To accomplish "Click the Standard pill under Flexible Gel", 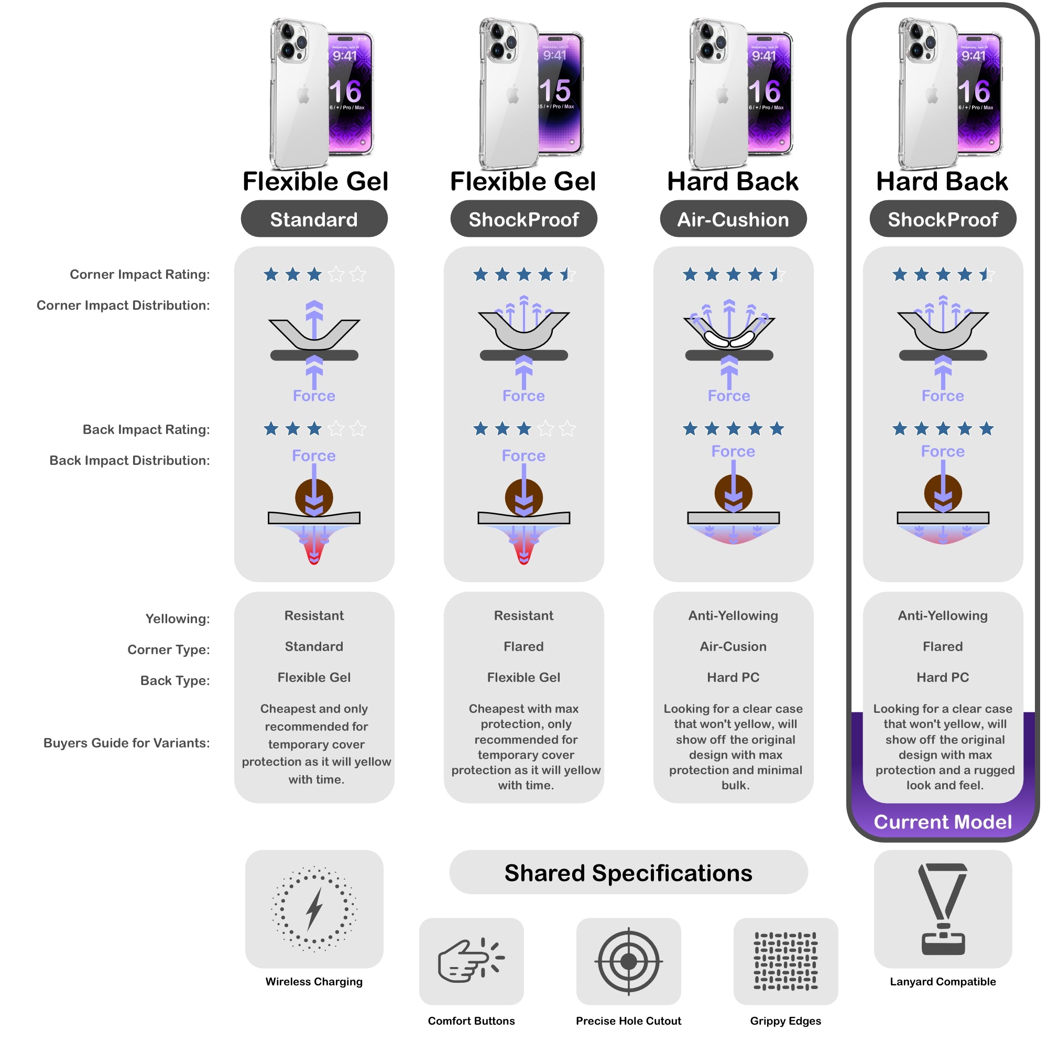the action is [x=314, y=219].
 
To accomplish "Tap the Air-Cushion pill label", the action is [x=733, y=219].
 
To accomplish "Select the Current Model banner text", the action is [x=943, y=822].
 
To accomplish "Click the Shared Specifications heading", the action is [x=629, y=873].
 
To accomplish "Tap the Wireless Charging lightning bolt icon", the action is [x=314, y=909].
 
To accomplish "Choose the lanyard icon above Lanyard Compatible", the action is [x=943, y=909].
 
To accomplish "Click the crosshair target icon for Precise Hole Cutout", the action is [x=629, y=961].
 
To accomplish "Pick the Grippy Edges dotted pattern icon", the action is [x=785, y=961].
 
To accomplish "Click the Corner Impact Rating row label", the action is [x=140, y=274].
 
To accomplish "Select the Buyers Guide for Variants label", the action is [x=127, y=743].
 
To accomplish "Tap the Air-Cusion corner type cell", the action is [x=733, y=646].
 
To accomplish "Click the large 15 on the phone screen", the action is [x=555, y=90].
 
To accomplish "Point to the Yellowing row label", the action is [x=178, y=618].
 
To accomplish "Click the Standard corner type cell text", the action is [x=314, y=646].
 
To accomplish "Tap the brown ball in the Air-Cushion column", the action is [x=733, y=493].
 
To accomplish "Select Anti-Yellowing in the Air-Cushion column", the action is [x=733, y=615].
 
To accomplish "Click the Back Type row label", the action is [x=175, y=680].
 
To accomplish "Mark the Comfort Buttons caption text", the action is [x=471, y=1021].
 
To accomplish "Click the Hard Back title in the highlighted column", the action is [x=942, y=181].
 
